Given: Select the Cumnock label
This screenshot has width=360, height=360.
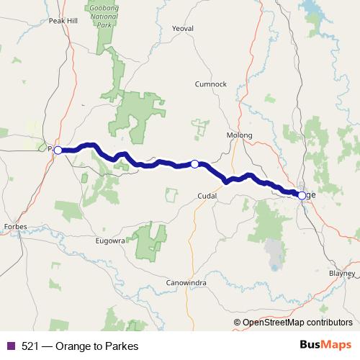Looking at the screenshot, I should click(211, 84).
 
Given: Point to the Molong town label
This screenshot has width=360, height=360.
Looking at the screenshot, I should click(239, 135).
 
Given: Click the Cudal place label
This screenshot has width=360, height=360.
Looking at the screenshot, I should click(207, 195).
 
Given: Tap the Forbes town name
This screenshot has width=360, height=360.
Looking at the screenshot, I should click(15, 227).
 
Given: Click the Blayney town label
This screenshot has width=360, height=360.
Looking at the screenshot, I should click(341, 274).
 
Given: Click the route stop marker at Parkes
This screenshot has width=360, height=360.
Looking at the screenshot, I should click(58, 150).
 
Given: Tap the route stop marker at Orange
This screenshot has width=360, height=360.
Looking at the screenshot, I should click(302, 194).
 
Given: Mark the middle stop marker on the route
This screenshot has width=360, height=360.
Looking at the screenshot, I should click(194, 164).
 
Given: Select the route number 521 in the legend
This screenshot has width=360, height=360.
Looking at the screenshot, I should click(32, 346).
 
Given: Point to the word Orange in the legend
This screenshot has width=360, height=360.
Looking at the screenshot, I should click(73, 346).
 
